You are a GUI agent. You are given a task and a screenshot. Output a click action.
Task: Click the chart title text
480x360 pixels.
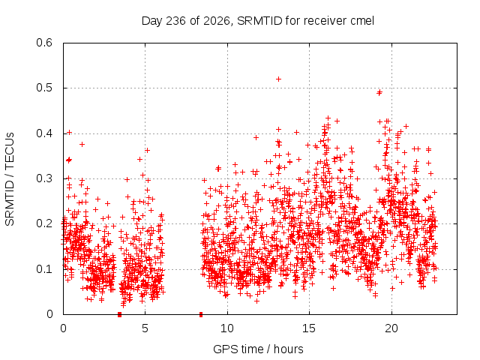[258, 21]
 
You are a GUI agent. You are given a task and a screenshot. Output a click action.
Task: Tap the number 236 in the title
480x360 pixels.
[175, 21]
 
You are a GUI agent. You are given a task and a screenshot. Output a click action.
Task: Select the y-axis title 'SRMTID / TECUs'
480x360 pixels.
[10, 179]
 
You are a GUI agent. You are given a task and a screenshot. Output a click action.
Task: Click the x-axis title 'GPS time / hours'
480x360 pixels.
[258, 349]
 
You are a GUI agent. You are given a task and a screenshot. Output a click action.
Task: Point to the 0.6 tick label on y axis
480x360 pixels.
[45, 43]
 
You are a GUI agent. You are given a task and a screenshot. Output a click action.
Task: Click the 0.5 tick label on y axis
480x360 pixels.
[45, 88]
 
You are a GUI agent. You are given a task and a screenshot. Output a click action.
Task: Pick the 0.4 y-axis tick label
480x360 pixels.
[45, 133]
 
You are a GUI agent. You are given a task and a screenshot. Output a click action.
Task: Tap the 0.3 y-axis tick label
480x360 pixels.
[45, 178]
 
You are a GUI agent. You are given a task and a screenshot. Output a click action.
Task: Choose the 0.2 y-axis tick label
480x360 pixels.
[45, 223]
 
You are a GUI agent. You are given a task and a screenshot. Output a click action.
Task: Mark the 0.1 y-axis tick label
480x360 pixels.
[45, 269]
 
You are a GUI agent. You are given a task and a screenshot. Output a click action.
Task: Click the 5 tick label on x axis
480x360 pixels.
[145, 328]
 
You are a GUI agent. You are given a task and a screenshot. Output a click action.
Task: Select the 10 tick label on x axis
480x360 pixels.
[227, 328]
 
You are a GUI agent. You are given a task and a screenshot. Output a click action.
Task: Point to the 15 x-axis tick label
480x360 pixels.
[309, 328]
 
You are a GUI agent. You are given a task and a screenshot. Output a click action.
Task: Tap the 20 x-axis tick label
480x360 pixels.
[391, 328]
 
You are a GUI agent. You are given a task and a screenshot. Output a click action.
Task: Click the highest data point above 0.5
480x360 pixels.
[278, 79]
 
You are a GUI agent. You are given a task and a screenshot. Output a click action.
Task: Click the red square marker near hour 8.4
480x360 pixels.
[201, 314]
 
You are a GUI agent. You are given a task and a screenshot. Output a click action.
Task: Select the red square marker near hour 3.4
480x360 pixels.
[120, 314]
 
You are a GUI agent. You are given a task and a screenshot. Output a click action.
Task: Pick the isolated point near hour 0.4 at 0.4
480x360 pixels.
[70, 133]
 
